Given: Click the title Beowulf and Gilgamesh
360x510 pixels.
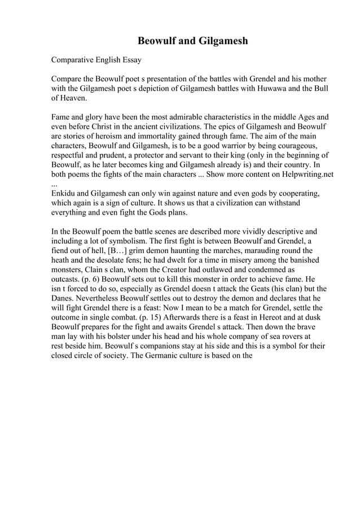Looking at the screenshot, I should pyautogui.click(x=193, y=41).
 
